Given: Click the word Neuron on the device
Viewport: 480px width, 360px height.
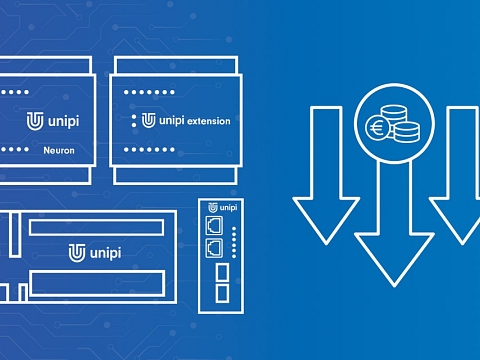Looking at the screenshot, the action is click(x=59, y=150).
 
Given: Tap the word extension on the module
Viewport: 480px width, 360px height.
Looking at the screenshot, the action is click(x=209, y=121).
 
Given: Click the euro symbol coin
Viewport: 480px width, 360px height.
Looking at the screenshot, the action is click(x=377, y=127).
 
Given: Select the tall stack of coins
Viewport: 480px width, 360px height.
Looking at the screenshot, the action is click(x=394, y=115).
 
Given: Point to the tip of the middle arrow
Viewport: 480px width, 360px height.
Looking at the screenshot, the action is click(x=394, y=286).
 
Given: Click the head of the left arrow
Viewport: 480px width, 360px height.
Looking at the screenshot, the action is click(x=326, y=220).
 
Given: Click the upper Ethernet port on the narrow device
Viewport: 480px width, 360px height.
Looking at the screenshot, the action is click(x=214, y=225).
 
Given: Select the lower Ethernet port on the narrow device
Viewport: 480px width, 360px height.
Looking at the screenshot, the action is click(x=214, y=248).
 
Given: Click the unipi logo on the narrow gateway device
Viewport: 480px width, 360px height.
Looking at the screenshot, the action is click(x=223, y=207).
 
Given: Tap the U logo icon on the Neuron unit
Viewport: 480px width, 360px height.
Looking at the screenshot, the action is click(x=35, y=121).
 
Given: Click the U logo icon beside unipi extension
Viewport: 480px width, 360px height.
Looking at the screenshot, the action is click(x=148, y=120).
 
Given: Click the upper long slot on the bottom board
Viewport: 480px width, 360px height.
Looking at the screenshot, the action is click(x=96, y=227).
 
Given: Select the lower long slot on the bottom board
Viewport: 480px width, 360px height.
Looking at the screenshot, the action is click(x=97, y=284).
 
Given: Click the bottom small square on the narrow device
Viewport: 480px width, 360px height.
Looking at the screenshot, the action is click(x=222, y=293).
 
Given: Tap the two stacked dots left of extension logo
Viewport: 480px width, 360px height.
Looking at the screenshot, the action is click(x=134, y=121).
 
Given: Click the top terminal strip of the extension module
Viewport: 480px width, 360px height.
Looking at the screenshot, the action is click(x=176, y=65).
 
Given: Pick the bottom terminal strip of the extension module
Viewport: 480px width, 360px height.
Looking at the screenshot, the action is click(x=175, y=175).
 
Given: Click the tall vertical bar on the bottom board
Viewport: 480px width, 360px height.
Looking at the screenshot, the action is click(x=15, y=235).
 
